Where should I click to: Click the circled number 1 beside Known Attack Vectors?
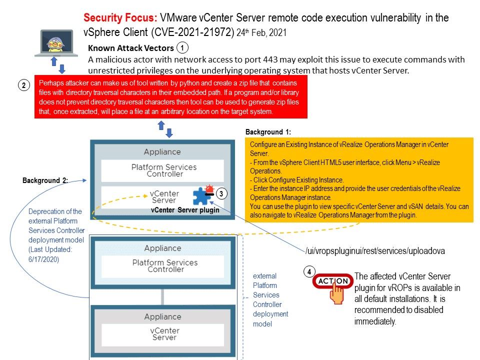pyautogui.click(x=182, y=48)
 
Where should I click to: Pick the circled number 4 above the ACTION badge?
pyautogui.click(x=309, y=272)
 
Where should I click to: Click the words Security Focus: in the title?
pyautogui.click(x=120, y=18)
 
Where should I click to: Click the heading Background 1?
pyautogui.click(x=268, y=132)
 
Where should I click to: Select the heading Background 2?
pyautogui.click(x=45, y=180)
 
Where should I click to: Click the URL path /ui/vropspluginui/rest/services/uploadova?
pyautogui.click(x=375, y=250)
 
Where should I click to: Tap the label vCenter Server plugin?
pyautogui.click(x=185, y=210)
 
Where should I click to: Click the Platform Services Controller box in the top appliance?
pyautogui.click(x=163, y=170)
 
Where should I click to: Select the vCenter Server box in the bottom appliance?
pyautogui.click(x=164, y=334)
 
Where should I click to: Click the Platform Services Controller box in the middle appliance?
pyautogui.click(x=164, y=265)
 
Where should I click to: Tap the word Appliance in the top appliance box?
pyautogui.click(x=162, y=152)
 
